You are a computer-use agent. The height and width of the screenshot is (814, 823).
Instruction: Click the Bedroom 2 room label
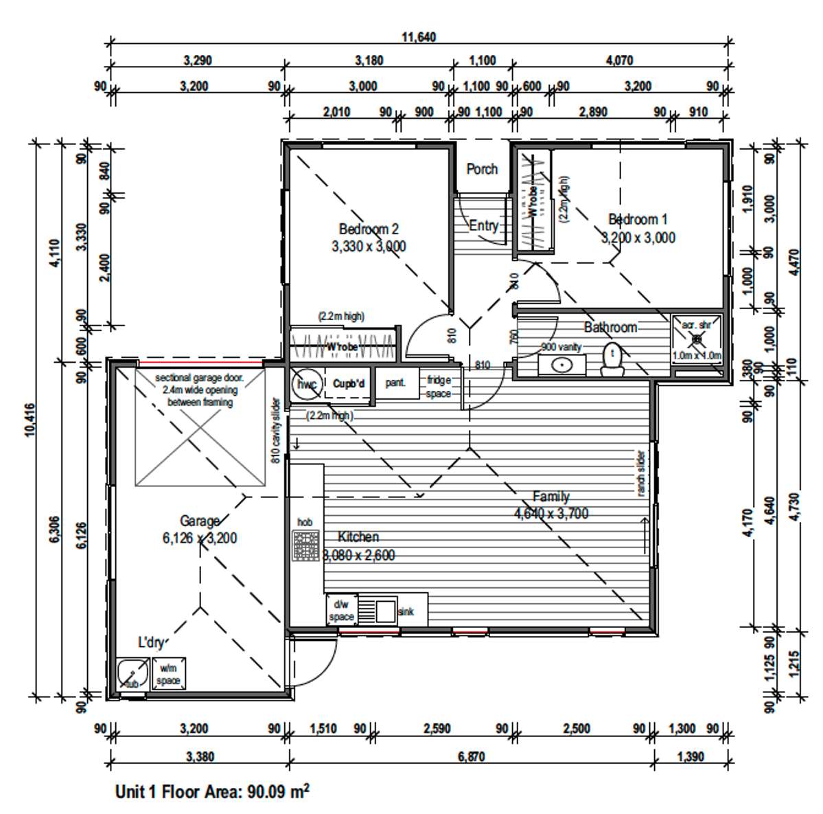click(x=369, y=229)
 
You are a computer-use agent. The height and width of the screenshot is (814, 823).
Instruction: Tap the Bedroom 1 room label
click(x=638, y=220)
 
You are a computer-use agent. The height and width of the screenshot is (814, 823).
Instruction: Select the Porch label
click(x=482, y=169)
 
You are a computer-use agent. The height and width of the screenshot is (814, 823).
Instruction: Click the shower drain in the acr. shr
click(x=697, y=339)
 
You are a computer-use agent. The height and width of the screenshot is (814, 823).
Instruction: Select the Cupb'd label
click(x=349, y=384)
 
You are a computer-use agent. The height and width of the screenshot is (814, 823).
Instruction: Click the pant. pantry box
click(x=396, y=383)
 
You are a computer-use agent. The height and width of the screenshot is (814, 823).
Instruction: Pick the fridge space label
click(x=439, y=387)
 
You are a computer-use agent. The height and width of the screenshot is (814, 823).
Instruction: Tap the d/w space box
click(x=341, y=610)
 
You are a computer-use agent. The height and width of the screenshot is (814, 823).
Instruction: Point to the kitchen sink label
click(x=406, y=611)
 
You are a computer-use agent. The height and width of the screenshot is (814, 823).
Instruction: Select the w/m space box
click(x=168, y=674)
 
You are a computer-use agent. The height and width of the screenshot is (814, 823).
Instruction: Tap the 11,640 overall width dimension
click(x=419, y=37)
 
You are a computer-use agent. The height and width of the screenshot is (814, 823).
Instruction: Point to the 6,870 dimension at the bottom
click(x=471, y=756)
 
